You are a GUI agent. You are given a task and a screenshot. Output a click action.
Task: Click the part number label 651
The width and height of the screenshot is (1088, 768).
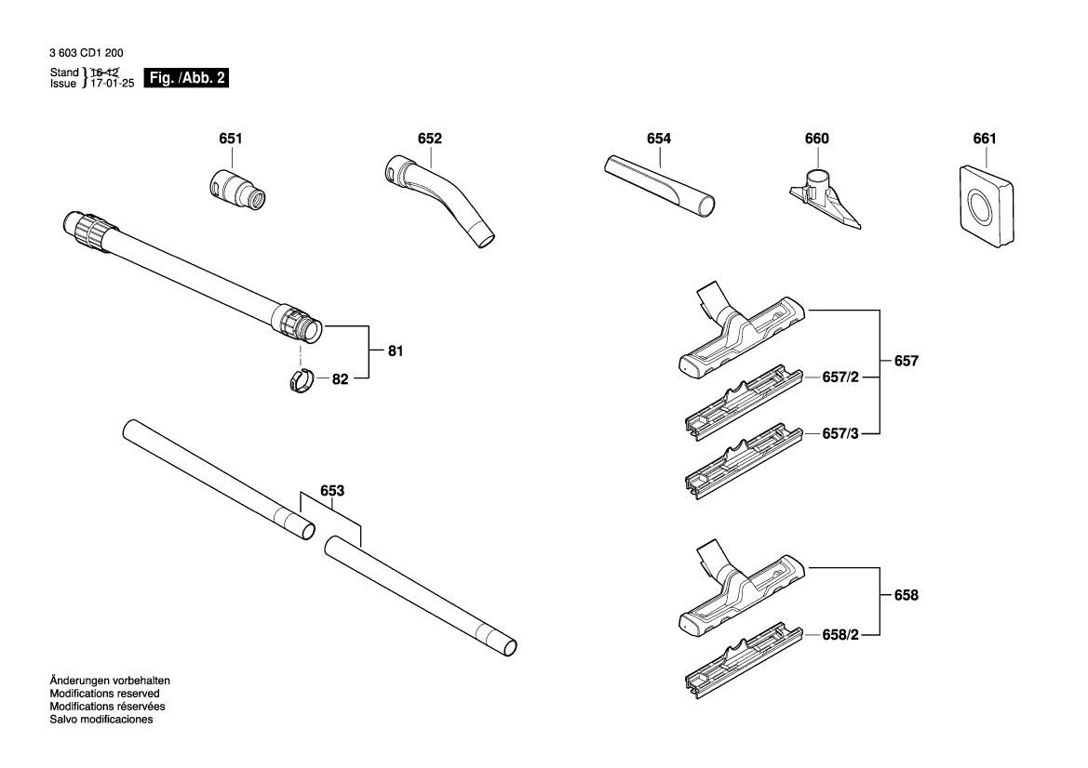point(230,139)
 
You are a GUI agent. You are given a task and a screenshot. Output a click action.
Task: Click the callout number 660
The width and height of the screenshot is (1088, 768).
point(816,139)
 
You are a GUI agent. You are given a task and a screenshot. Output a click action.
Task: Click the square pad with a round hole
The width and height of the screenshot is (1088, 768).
point(982,205)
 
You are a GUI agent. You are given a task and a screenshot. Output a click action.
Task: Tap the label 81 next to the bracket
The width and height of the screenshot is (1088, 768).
point(396,351)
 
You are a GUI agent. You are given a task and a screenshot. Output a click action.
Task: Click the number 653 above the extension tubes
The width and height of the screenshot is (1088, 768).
point(332,490)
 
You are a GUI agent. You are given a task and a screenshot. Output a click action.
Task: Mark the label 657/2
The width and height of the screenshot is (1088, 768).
point(840,377)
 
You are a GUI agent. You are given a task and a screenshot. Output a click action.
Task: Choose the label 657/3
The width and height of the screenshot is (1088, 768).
point(840,433)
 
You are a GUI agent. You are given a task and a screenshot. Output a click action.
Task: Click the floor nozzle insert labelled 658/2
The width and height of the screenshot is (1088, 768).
point(741,666)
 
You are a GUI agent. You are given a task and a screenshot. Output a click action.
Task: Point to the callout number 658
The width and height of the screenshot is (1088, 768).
point(905,595)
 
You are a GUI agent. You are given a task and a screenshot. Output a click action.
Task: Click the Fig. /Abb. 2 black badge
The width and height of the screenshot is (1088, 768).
point(186,78)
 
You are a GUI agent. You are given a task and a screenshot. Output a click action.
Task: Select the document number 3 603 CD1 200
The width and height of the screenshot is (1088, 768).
point(87,54)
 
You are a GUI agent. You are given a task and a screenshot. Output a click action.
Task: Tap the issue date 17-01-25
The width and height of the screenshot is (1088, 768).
point(112,83)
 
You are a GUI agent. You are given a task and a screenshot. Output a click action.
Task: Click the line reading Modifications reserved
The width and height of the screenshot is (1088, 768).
point(104,694)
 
